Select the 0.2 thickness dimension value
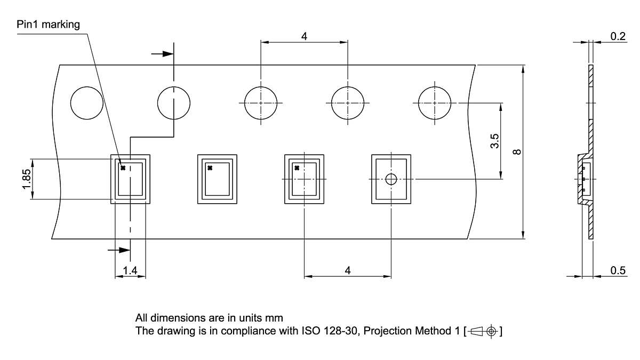click(x=618, y=36)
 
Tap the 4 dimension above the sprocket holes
click(x=304, y=36)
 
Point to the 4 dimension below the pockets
click(x=347, y=270)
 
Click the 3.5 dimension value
click(x=494, y=141)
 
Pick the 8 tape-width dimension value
click(x=517, y=152)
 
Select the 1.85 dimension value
click(x=26, y=179)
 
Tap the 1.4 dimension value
click(x=130, y=270)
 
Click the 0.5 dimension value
click(x=618, y=270)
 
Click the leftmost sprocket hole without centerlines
click(x=86, y=103)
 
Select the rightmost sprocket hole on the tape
click(x=434, y=103)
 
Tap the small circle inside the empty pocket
click(x=391, y=179)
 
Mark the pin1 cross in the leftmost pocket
click(x=123, y=168)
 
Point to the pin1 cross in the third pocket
click(x=297, y=168)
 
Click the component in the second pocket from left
click(x=217, y=179)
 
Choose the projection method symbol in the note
click(x=484, y=331)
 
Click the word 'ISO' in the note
click(x=310, y=331)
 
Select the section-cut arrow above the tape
click(x=162, y=54)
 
